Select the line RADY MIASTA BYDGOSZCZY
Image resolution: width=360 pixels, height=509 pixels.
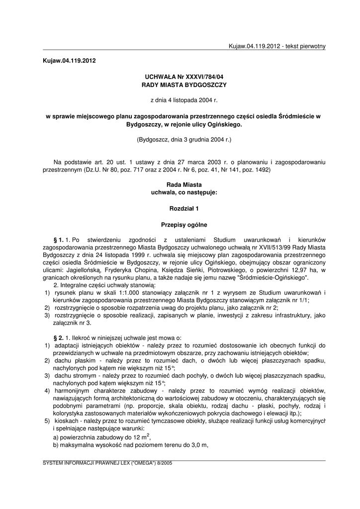(183, 85)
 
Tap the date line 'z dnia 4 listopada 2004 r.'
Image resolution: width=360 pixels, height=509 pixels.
(183, 101)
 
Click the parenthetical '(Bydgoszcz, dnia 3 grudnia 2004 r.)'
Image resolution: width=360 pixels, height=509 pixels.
(183, 140)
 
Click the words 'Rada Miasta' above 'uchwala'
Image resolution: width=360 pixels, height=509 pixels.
(183, 184)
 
